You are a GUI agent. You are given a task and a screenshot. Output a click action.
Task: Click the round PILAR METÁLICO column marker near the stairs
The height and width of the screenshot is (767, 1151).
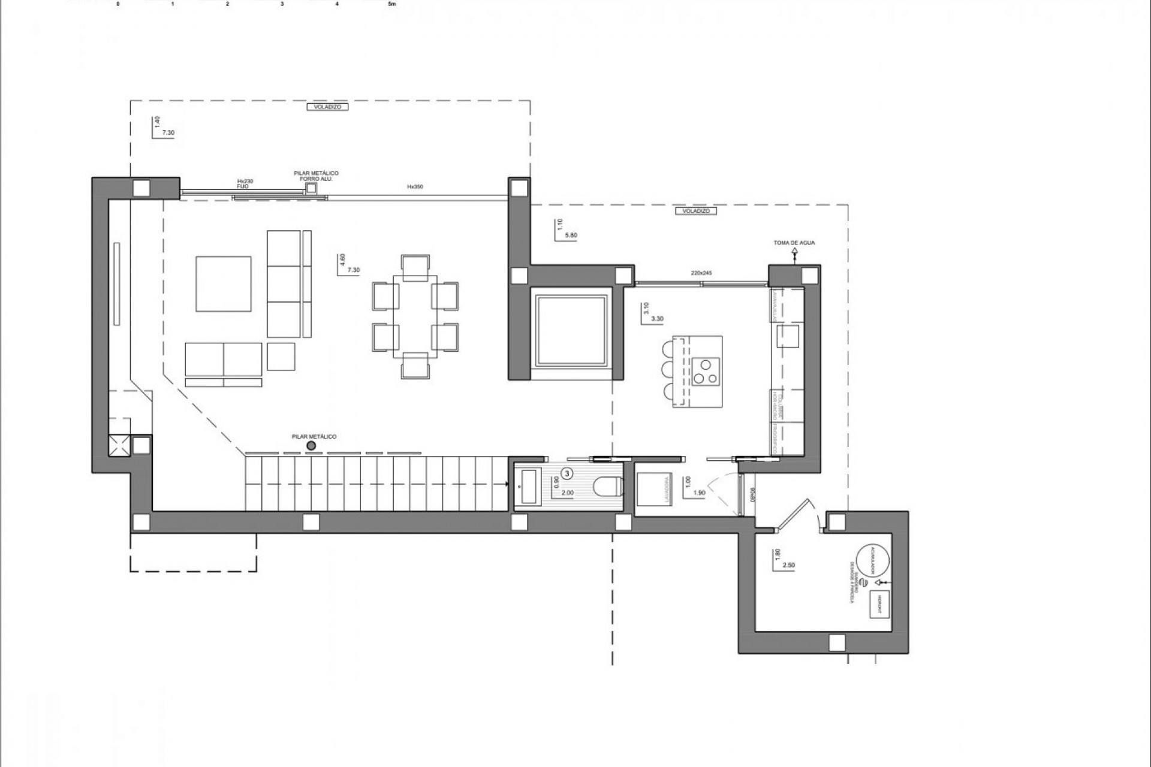click(x=311, y=446)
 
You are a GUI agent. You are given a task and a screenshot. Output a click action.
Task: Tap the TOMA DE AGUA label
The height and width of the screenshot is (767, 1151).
click(x=794, y=243)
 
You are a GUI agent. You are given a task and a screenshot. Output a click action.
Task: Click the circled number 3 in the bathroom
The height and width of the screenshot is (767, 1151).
click(x=568, y=473)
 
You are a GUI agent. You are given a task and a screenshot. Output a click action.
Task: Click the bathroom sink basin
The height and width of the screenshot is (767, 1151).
click(x=529, y=487)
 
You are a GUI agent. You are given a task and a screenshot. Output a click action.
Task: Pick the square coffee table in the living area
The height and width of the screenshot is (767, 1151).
click(x=223, y=283)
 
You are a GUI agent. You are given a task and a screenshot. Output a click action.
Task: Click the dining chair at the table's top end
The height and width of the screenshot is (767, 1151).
click(x=415, y=267)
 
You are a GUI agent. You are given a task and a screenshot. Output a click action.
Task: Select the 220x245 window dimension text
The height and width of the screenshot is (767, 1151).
click(x=701, y=273)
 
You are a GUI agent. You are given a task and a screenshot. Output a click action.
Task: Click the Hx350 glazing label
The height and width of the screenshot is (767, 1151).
click(x=415, y=187)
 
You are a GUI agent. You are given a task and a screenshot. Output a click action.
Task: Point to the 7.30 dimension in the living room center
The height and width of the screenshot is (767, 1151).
click(x=354, y=270)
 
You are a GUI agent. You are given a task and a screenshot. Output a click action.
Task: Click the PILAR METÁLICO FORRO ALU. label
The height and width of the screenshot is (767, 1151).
click(x=316, y=176)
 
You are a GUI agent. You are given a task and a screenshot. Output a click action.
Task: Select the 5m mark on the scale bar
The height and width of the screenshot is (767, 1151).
click(x=392, y=4)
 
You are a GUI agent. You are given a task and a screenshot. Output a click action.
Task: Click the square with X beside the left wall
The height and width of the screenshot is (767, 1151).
click(x=119, y=445)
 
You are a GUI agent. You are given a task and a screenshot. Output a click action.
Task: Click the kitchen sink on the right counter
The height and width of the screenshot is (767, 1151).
click(x=788, y=336)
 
